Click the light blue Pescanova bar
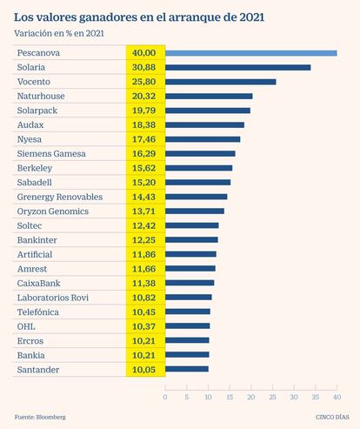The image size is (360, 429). click(251, 53)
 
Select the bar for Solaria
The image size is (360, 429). click(238, 68)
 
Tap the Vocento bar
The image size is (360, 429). click(221, 82)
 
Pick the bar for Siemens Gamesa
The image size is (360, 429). click(200, 154)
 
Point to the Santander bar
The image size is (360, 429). click(187, 369)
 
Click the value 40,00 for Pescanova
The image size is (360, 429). click(144, 53)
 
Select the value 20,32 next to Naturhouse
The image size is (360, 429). click(144, 96)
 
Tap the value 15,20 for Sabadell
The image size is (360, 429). click(144, 183)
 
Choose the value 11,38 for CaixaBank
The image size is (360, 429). click(144, 283)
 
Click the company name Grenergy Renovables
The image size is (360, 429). click(60, 197)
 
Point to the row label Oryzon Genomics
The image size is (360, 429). click(53, 211)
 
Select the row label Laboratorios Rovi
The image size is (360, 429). click(53, 298)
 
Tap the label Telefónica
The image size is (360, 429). click(38, 312)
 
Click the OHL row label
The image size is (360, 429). click(26, 326)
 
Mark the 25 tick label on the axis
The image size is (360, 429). click(272, 397)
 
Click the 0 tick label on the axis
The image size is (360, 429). click(165, 397)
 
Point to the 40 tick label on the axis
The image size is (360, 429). click(337, 397)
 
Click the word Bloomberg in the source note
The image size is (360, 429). click(51, 417)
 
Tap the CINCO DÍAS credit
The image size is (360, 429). click(332, 417)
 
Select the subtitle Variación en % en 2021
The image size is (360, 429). click(59, 33)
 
